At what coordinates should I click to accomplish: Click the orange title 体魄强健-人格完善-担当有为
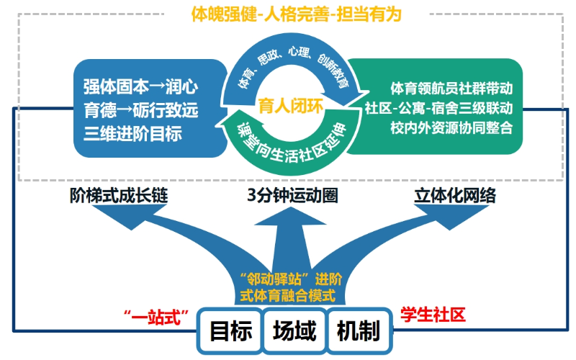click(296, 14)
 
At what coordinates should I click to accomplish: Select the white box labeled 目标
click(230, 331)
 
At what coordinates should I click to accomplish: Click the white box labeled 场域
click(294, 331)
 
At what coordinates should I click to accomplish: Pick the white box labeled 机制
click(358, 331)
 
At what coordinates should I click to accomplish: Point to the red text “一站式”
click(156, 315)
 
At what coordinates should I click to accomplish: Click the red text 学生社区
click(433, 314)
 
